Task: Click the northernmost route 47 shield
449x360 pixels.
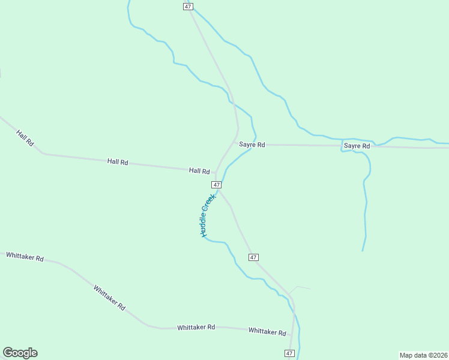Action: click(188, 6)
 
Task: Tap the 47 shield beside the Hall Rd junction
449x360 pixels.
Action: click(216, 184)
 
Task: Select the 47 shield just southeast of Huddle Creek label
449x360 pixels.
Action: click(253, 257)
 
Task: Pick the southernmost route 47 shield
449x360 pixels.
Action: click(290, 354)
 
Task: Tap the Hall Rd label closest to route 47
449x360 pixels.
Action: click(199, 171)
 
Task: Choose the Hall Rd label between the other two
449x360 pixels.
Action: click(118, 162)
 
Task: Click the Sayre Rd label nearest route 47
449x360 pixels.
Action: click(252, 145)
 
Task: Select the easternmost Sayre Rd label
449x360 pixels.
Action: click(357, 146)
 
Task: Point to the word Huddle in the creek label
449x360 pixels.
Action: click(204, 222)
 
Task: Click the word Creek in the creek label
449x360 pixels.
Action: click(211, 199)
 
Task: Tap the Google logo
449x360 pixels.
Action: click(20, 353)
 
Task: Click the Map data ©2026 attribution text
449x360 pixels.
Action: click(423, 355)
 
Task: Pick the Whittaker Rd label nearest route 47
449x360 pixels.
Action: click(267, 331)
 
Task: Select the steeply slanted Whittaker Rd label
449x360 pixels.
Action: click(109, 297)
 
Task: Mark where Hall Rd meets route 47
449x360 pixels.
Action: click(216, 173)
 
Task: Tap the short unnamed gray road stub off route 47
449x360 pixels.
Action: click(300, 287)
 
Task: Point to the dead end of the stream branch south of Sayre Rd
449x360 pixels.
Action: click(363, 250)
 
